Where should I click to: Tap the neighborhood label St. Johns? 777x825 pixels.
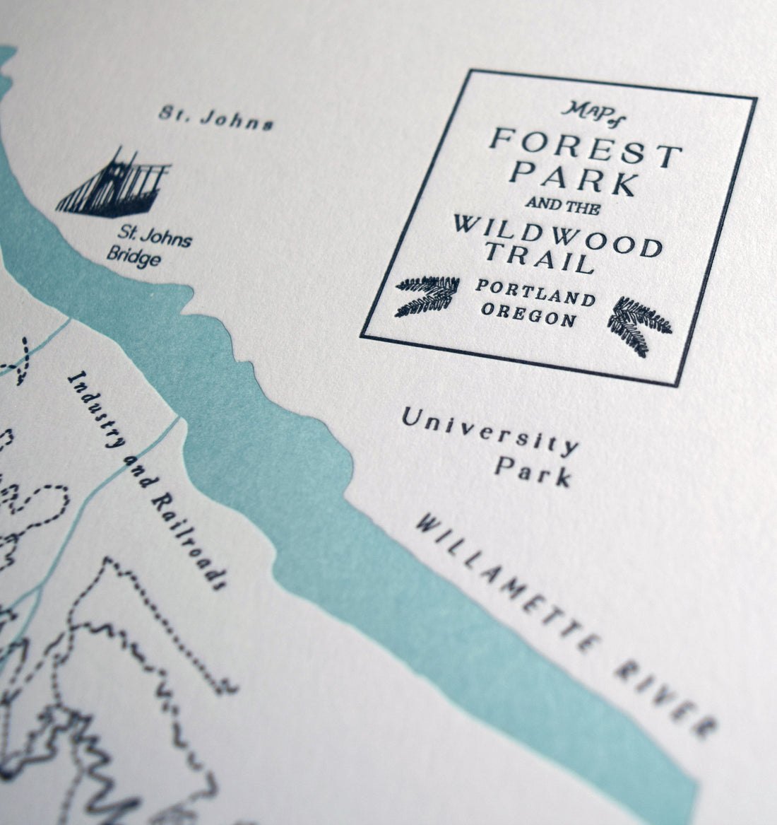click(x=215, y=118)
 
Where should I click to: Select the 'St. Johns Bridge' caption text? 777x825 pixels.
click(x=146, y=247)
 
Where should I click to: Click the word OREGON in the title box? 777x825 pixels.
click(x=529, y=315)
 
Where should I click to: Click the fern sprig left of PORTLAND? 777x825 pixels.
click(x=425, y=295)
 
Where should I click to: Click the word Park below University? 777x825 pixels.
click(x=533, y=471)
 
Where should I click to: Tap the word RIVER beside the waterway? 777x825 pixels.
click(x=668, y=695)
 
